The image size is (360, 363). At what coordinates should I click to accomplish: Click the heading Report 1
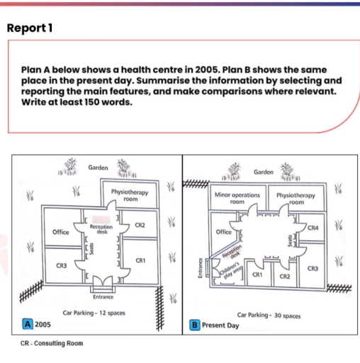pos(29,28)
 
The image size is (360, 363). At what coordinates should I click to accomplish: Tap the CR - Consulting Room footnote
pos(50,343)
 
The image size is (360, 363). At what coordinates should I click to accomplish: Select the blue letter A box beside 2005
pos(28,323)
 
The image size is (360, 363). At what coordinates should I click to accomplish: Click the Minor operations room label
pos(237,197)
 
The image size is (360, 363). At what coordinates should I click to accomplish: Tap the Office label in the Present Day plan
pos(223,232)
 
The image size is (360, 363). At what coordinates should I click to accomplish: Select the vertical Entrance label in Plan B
pos(199,270)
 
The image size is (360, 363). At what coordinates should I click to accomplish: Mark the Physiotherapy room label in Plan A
pos(130,196)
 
